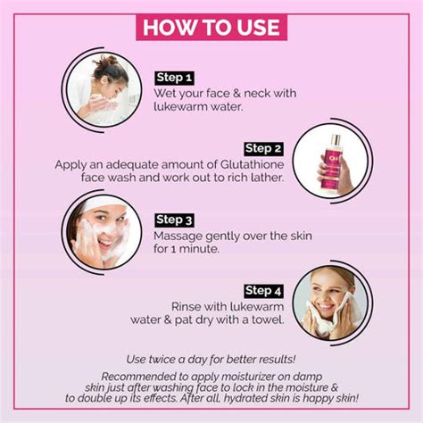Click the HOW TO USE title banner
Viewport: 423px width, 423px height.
click(x=211, y=25)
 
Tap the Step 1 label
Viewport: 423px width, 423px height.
click(x=174, y=77)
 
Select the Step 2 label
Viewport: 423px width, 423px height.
click(x=263, y=148)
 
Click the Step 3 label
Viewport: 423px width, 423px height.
click(x=174, y=220)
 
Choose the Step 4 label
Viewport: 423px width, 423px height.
click(x=263, y=291)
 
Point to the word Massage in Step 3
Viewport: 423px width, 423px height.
click(x=179, y=236)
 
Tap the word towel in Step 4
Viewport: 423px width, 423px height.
click(x=267, y=320)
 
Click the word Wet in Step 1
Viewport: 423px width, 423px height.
click(x=169, y=92)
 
